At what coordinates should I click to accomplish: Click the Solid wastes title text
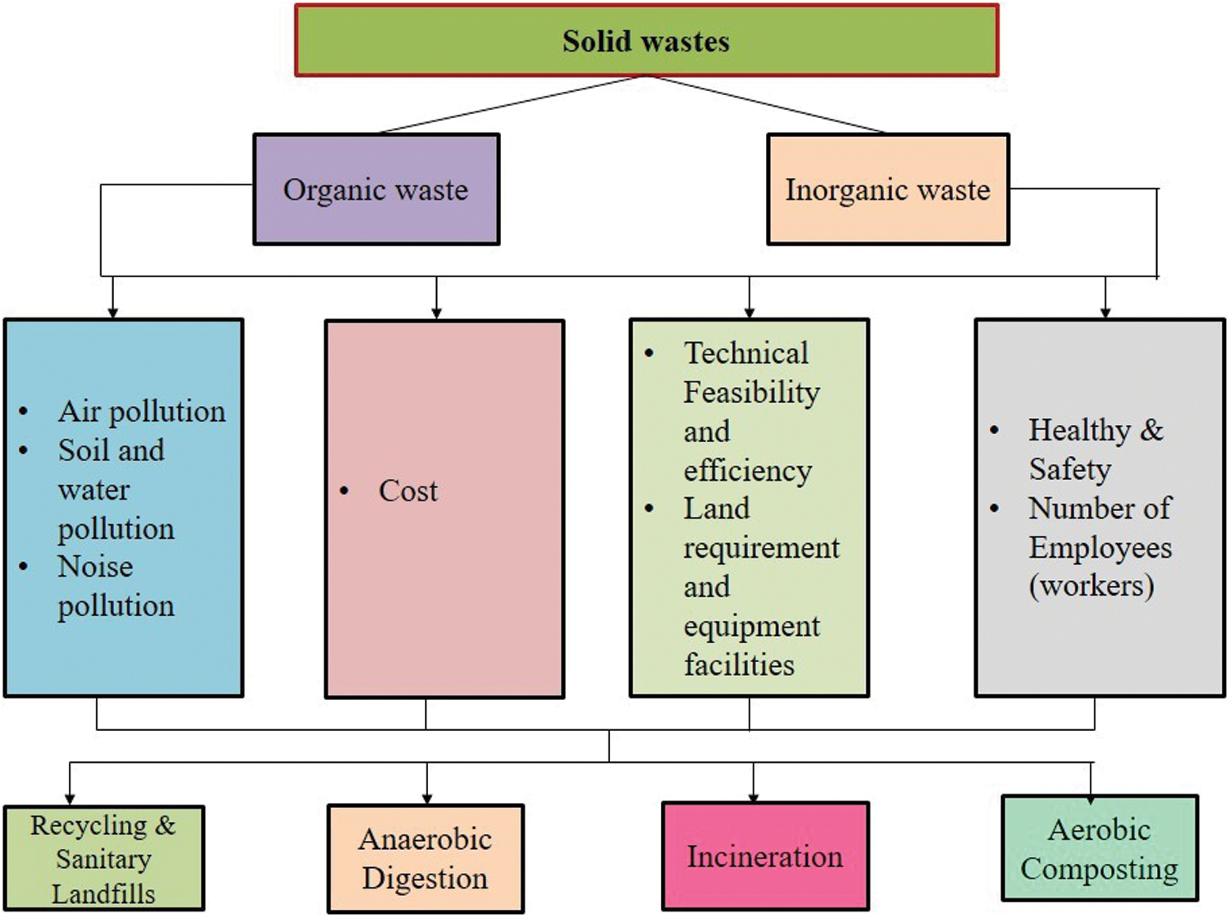pos(645,42)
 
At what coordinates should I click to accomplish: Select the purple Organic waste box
pos(376,190)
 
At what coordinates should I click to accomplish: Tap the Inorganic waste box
pos(887,190)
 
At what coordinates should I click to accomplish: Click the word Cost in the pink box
pos(408,491)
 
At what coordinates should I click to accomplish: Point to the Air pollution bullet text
pos(142,411)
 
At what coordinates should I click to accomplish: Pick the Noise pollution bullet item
pos(115,586)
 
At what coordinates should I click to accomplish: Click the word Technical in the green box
pos(746,353)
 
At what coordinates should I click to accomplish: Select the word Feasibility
pos(751,392)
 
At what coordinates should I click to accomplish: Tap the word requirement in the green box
pos(762,547)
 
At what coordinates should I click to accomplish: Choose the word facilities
pos(739,665)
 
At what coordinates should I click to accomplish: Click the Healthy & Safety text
pos(1096,449)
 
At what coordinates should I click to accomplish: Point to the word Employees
pos(1100,547)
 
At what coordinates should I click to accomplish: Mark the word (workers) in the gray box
pos(1091,586)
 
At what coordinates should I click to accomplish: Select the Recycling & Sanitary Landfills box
pos(103,858)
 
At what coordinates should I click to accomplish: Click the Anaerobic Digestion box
pos(426,858)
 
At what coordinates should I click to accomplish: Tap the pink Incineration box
pos(765,856)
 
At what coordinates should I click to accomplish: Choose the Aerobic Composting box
pos(1100,848)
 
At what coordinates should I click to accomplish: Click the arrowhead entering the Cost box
pos(436,313)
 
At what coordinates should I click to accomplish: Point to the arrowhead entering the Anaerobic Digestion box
pos(427,797)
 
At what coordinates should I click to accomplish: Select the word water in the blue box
pos(93,490)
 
